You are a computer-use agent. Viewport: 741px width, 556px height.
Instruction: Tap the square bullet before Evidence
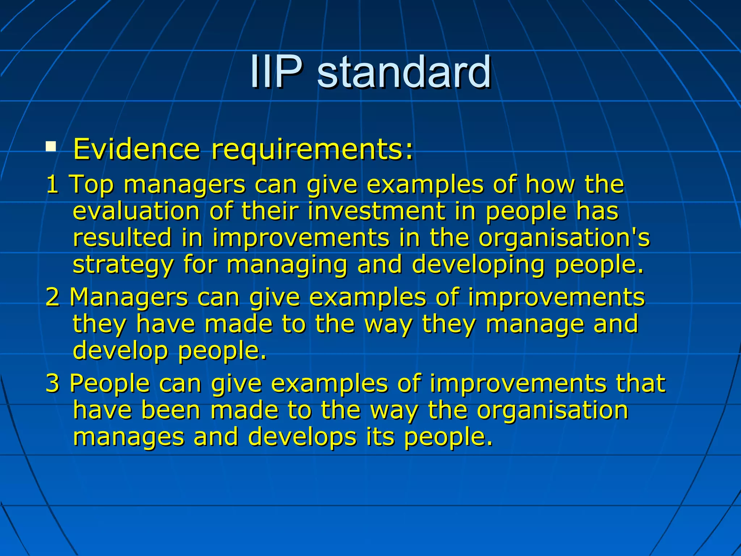(x=51, y=147)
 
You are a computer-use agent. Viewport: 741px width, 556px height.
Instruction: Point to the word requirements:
(x=312, y=150)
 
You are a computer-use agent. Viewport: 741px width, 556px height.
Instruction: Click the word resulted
(x=122, y=238)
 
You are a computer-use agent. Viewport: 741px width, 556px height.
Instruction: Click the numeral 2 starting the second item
(x=52, y=297)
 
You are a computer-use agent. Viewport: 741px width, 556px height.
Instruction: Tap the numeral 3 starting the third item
(x=52, y=383)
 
